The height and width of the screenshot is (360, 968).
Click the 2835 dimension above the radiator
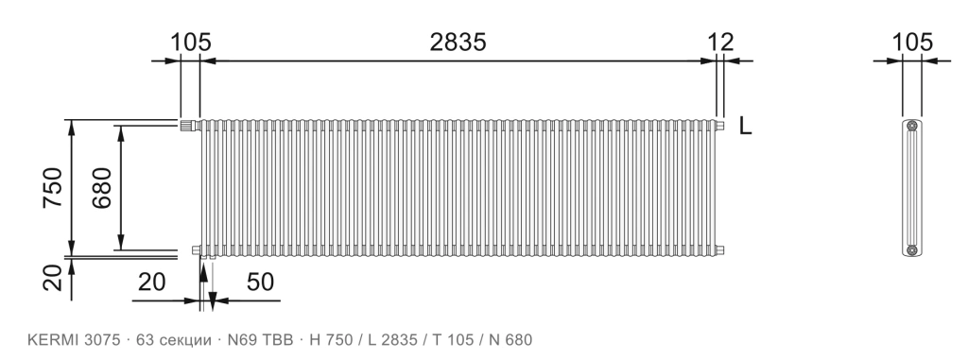click(458, 42)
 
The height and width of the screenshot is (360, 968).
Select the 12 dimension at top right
click(720, 42)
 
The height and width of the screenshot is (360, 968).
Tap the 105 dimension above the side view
click(912, 42)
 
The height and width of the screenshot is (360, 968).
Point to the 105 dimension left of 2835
click(191, 42)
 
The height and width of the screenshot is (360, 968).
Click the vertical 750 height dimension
click(53, 187)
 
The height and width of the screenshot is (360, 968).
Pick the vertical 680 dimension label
click(102, 187)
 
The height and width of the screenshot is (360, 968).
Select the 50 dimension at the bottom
click(260, 282)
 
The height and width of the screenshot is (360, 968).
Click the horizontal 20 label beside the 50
click(152, 282)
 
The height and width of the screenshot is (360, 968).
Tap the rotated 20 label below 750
click(53, 278)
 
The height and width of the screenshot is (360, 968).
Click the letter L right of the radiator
click(746, 126)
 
